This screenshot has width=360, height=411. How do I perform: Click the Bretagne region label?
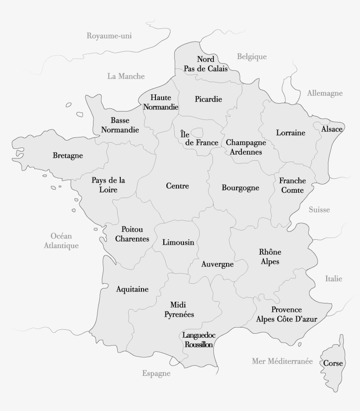click(x=68, y=155)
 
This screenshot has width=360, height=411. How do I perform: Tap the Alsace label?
click(x=332, y=129)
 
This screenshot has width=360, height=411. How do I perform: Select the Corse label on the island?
click(x=333, y=364)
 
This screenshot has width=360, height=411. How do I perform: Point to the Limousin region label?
click(x=178, y=242)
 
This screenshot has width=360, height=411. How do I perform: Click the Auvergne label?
click(x=217, y=264)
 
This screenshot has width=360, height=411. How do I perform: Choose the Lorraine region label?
click(x=291, y=133)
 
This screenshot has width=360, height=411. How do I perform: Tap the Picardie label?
click(x=209, y=99)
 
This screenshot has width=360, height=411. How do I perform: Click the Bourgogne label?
click(x=241, y=188)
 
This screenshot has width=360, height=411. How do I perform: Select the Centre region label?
click(x=177, y=186)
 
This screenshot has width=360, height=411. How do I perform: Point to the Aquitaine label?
click(x=132, y=289)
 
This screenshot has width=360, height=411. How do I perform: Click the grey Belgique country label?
click(x=252, y=57)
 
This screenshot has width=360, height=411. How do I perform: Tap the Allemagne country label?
click(x=325, y=93)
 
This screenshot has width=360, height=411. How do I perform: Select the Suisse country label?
click(x=319, y=210)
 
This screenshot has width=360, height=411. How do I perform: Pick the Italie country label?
click(x=334, y=279)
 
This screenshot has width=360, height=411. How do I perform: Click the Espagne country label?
click(x=156, y=374)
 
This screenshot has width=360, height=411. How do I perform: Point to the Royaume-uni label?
click(x=109, y=36)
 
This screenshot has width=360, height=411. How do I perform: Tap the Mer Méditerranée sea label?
click(x=282, y=361)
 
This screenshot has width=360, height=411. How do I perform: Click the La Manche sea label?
click(x=126, y=76)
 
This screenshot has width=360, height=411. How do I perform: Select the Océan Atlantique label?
click(x=61, y=241)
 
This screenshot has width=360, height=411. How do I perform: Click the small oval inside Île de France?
click(x=197, y=132)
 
